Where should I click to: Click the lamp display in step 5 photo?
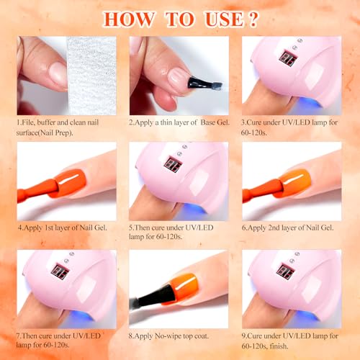coord(173,165)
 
